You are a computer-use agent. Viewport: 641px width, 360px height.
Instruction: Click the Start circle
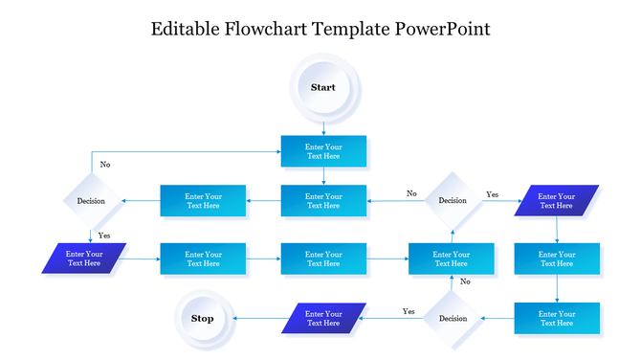(x=323, y=87)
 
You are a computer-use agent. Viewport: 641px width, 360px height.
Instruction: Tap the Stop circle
(x=203, y=318)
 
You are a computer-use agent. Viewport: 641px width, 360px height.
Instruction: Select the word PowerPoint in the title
(x=443, y=29)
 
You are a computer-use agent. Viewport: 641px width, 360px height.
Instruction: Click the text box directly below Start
(x=323, y=151)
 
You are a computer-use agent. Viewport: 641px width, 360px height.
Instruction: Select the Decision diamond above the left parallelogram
(x=92, y=201)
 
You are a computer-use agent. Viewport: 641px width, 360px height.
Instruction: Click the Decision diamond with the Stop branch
(x=453, y=318)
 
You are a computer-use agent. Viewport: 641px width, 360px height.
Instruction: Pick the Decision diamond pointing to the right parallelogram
(x=453, y=200)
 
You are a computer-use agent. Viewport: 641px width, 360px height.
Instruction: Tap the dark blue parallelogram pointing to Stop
(x=323, y=318)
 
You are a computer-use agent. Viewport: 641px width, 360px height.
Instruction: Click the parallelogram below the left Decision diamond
(x=84, y=259)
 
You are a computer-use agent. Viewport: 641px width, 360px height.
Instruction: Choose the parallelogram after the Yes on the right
(x=557, y=200)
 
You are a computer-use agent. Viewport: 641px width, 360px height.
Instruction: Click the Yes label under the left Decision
(x=104, y=235)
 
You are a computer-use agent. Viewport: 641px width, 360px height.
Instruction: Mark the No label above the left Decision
(x=104, y=165)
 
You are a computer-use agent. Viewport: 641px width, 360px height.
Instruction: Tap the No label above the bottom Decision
(x=465, y=281)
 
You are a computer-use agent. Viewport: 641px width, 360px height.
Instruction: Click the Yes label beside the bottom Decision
(x=409, y=311)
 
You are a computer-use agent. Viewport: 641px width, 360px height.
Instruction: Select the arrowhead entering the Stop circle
(x=237, y=318)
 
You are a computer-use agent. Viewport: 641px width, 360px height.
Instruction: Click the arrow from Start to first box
(x=323, y=126)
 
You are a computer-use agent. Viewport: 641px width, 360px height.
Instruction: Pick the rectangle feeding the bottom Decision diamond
(x=557, y=318)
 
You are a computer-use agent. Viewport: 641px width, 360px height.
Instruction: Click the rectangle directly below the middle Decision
(x=452, y=259)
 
